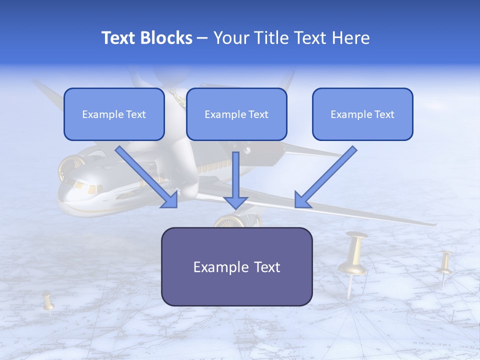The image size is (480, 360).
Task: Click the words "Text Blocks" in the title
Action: (146, 38)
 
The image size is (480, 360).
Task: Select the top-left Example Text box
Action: (114, 114)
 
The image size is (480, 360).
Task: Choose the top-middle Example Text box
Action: (236, 114)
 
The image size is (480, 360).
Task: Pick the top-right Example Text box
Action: (362, 114)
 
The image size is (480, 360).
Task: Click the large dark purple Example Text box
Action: (236, 267)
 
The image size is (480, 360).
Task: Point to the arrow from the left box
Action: (147, 177)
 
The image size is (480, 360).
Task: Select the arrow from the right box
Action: (325, 177)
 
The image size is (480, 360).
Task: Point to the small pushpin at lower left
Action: (48, 301)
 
